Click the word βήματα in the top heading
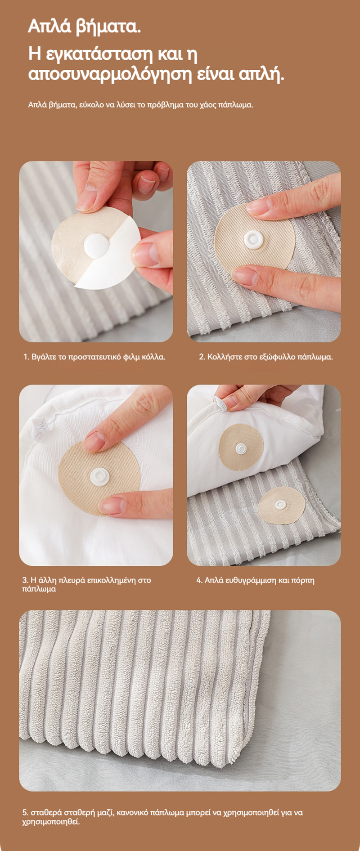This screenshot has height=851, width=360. [108, 27]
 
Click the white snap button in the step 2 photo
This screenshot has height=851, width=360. [253, 239]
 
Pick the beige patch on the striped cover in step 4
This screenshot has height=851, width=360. [281, 505]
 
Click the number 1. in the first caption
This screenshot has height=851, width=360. [26, 357]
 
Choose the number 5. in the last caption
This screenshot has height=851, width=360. [25, 813]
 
